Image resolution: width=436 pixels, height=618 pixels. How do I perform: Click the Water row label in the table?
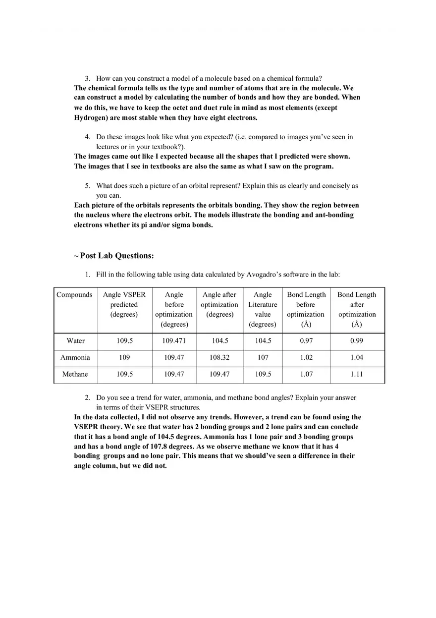[x=75, y=341]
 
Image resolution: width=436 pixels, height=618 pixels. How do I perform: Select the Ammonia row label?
[x=75, y=357]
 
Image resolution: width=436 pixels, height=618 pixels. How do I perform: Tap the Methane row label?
[x=75, y=374]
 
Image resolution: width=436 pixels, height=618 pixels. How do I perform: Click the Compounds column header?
[x=74, y=295]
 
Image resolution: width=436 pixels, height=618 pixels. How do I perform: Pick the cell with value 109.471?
[x=174, y=341]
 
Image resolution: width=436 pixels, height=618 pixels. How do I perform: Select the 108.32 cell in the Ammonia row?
[x=219, y=357]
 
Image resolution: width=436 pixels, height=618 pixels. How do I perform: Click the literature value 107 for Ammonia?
[x=263, y=357]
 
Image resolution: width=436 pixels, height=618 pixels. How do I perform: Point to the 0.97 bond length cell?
[x=306, y=341]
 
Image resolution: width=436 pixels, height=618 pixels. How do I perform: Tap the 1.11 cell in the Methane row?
[x=357, y=374]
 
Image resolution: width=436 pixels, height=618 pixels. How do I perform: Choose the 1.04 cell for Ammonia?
[x=357, y=357]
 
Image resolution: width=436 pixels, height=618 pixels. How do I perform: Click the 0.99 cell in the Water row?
[x=357, y=341]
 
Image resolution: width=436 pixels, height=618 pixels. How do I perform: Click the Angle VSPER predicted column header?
[x=124, y=304]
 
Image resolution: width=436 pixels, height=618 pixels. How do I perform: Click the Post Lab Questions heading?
[x=117, y=256]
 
